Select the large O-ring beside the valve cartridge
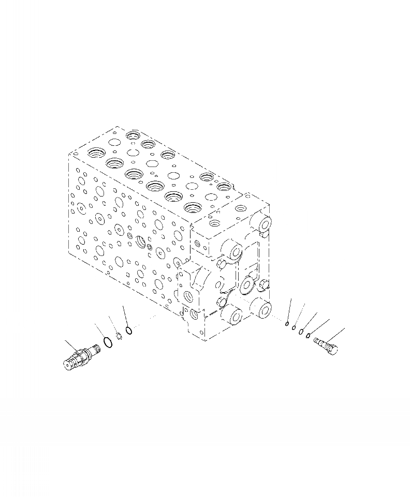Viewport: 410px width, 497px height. click(107, 342)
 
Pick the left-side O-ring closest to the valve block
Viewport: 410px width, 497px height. click(129, 329)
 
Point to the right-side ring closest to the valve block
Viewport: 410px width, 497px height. click(287, 324)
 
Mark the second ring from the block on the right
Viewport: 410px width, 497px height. click(294, 328)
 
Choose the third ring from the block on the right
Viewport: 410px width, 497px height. click(301, 332)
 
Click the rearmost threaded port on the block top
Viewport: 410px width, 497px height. click(133, 136)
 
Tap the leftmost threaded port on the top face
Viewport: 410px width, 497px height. click(96, 153)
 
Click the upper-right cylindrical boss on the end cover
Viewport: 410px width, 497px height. click(263, 224)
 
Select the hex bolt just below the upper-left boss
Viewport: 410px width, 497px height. click(221, 265)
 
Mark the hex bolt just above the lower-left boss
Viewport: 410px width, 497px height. click(222, 302)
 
